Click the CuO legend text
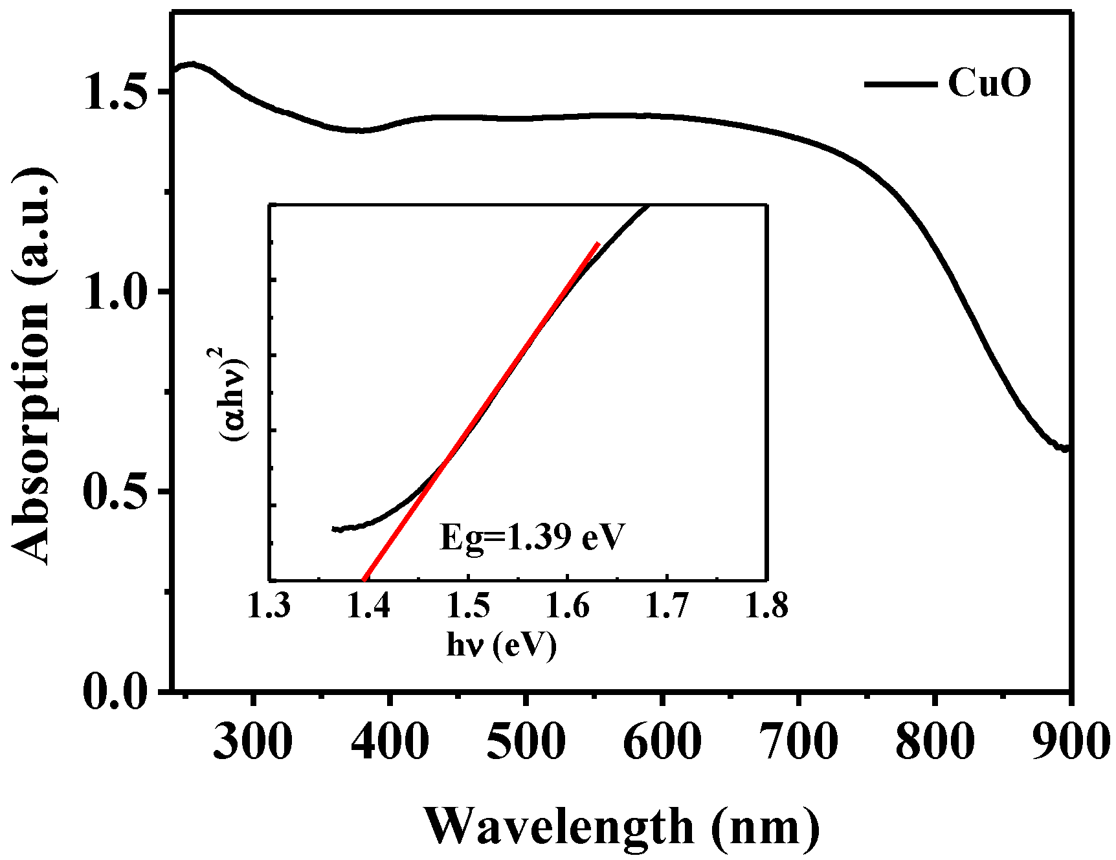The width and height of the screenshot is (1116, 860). pyautogui.click(x=988, y=83)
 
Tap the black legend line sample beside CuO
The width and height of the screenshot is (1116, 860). pyautogui.click(x=900, y=84)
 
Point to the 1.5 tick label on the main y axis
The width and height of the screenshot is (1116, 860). pyautogui.click(x=114, y=92)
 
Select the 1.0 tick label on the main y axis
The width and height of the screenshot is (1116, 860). pyautogui.click(x=114, y=292)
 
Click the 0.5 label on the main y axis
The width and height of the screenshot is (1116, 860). pyautogui.click(x=114, y=492)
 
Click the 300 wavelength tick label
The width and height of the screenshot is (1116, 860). pyautogui.click(x=252, y=741)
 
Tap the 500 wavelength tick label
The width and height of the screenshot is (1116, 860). pyautogui.click(x=526, y=741)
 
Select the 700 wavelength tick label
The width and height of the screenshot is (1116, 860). pyautogui.click(x=799, y=741)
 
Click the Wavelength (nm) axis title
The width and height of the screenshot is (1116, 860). pyautogui.click(x=621, y=826)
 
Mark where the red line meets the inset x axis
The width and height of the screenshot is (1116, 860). pyautogui.click(x=364, y=579)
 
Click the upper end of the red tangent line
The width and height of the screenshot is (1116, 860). pyautogui.click(x=598, y=243)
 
